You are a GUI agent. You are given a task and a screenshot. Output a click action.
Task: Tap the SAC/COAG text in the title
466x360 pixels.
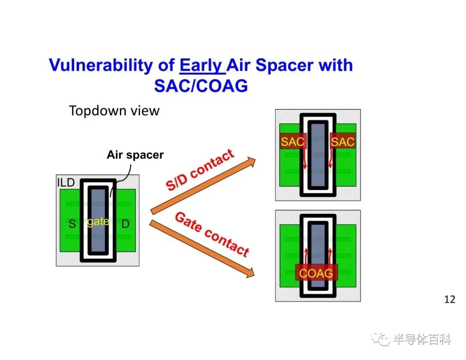201,86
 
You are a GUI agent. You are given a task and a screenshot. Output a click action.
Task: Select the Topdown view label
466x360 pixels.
114,111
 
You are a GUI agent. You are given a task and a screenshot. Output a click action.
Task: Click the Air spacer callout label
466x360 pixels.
135,155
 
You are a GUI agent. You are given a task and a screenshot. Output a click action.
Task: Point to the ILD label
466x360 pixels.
66,183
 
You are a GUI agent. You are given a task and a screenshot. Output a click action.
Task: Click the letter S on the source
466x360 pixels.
72,224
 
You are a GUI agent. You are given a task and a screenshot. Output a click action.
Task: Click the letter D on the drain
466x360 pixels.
126,224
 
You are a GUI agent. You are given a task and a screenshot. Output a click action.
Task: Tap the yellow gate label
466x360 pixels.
98,222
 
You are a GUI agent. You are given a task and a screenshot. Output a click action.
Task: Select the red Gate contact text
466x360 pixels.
212,234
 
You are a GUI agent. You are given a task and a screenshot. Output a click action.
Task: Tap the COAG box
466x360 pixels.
316,273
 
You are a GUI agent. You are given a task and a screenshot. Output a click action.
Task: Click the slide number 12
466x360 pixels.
450,299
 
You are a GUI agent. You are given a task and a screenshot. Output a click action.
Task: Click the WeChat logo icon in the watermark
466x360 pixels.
381,338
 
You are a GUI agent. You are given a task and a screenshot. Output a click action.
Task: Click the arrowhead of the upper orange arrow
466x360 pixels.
252,162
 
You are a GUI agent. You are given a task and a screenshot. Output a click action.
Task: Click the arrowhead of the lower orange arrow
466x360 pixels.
251,273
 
